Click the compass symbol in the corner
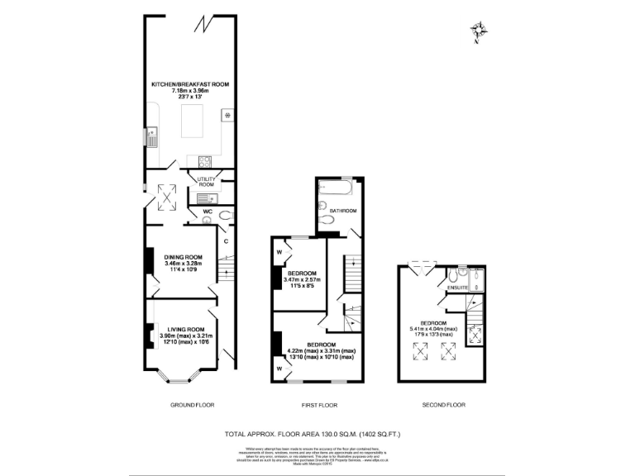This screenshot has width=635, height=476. click(x=477, y=32)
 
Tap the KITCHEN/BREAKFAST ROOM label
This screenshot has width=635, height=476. click(x=189, y=84)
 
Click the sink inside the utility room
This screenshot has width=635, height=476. click(x=202, y=198)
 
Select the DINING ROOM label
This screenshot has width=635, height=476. click(x=183, y=257)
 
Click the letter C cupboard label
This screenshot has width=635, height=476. click(x=225, y=240)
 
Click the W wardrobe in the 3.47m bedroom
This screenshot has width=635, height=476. click(x=279, y=250)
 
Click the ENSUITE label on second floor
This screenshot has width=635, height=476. click(x=458, y=287)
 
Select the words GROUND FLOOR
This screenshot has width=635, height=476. click(x=193, y=405)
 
